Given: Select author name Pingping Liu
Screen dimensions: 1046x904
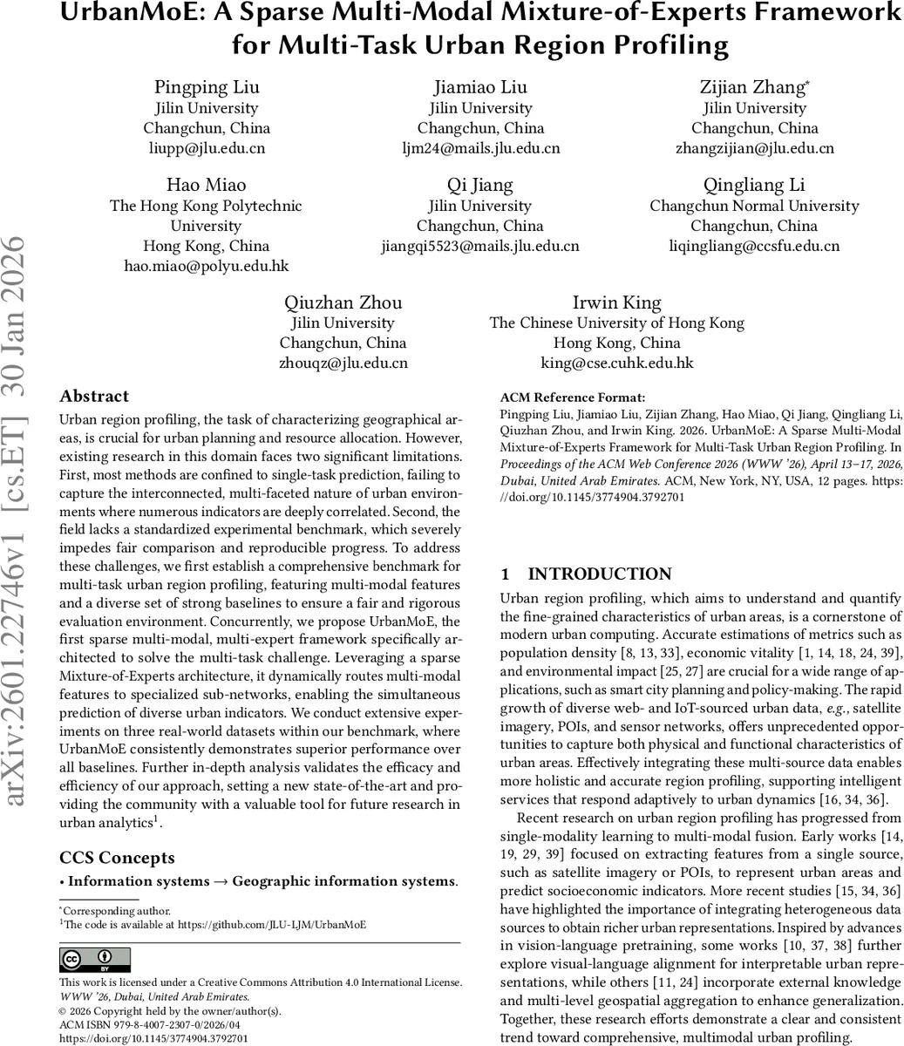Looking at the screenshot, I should [x=207, y=87].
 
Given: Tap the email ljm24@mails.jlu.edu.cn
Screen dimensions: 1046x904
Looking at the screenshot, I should [x=480, y=148].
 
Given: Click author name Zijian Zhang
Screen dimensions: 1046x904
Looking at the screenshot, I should [x=753, y=87].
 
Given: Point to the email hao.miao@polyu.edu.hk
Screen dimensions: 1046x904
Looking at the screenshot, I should [x=207, y=266].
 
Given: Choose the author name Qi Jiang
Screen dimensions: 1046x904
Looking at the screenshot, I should [x=480, y=185].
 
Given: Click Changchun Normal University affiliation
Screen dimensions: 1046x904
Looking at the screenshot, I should [x=754, y=206].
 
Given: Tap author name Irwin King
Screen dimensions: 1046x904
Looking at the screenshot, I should [x=616, y=302].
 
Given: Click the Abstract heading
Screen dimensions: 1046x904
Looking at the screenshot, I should [x=94, y=397].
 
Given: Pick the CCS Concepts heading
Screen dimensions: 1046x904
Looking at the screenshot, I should [x=117, y=858].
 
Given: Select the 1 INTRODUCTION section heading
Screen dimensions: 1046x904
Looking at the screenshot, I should [x=586, y=574].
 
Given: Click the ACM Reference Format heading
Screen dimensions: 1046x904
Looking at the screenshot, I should [x=573, y=397].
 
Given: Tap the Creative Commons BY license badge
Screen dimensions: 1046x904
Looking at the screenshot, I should [x=94, y=960].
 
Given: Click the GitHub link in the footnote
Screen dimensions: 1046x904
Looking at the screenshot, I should [x=271, y=925].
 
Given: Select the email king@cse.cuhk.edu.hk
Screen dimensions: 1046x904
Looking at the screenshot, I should [x=616, y=363].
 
